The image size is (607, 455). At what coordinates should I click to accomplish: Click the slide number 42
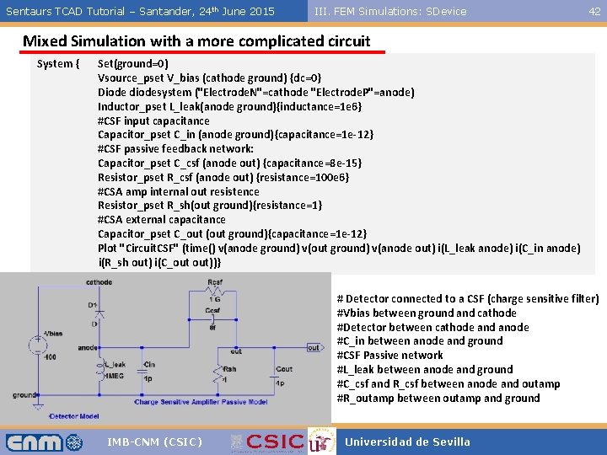594,11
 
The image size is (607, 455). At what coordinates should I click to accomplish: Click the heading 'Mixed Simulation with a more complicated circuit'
196,41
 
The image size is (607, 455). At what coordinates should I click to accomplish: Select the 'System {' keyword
58,63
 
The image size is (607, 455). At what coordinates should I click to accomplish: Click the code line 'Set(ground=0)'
132,63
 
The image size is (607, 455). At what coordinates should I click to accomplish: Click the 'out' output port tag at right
313,347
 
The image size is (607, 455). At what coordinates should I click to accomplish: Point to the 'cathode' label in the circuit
98,282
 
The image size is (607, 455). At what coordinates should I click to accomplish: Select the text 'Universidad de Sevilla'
407,442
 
